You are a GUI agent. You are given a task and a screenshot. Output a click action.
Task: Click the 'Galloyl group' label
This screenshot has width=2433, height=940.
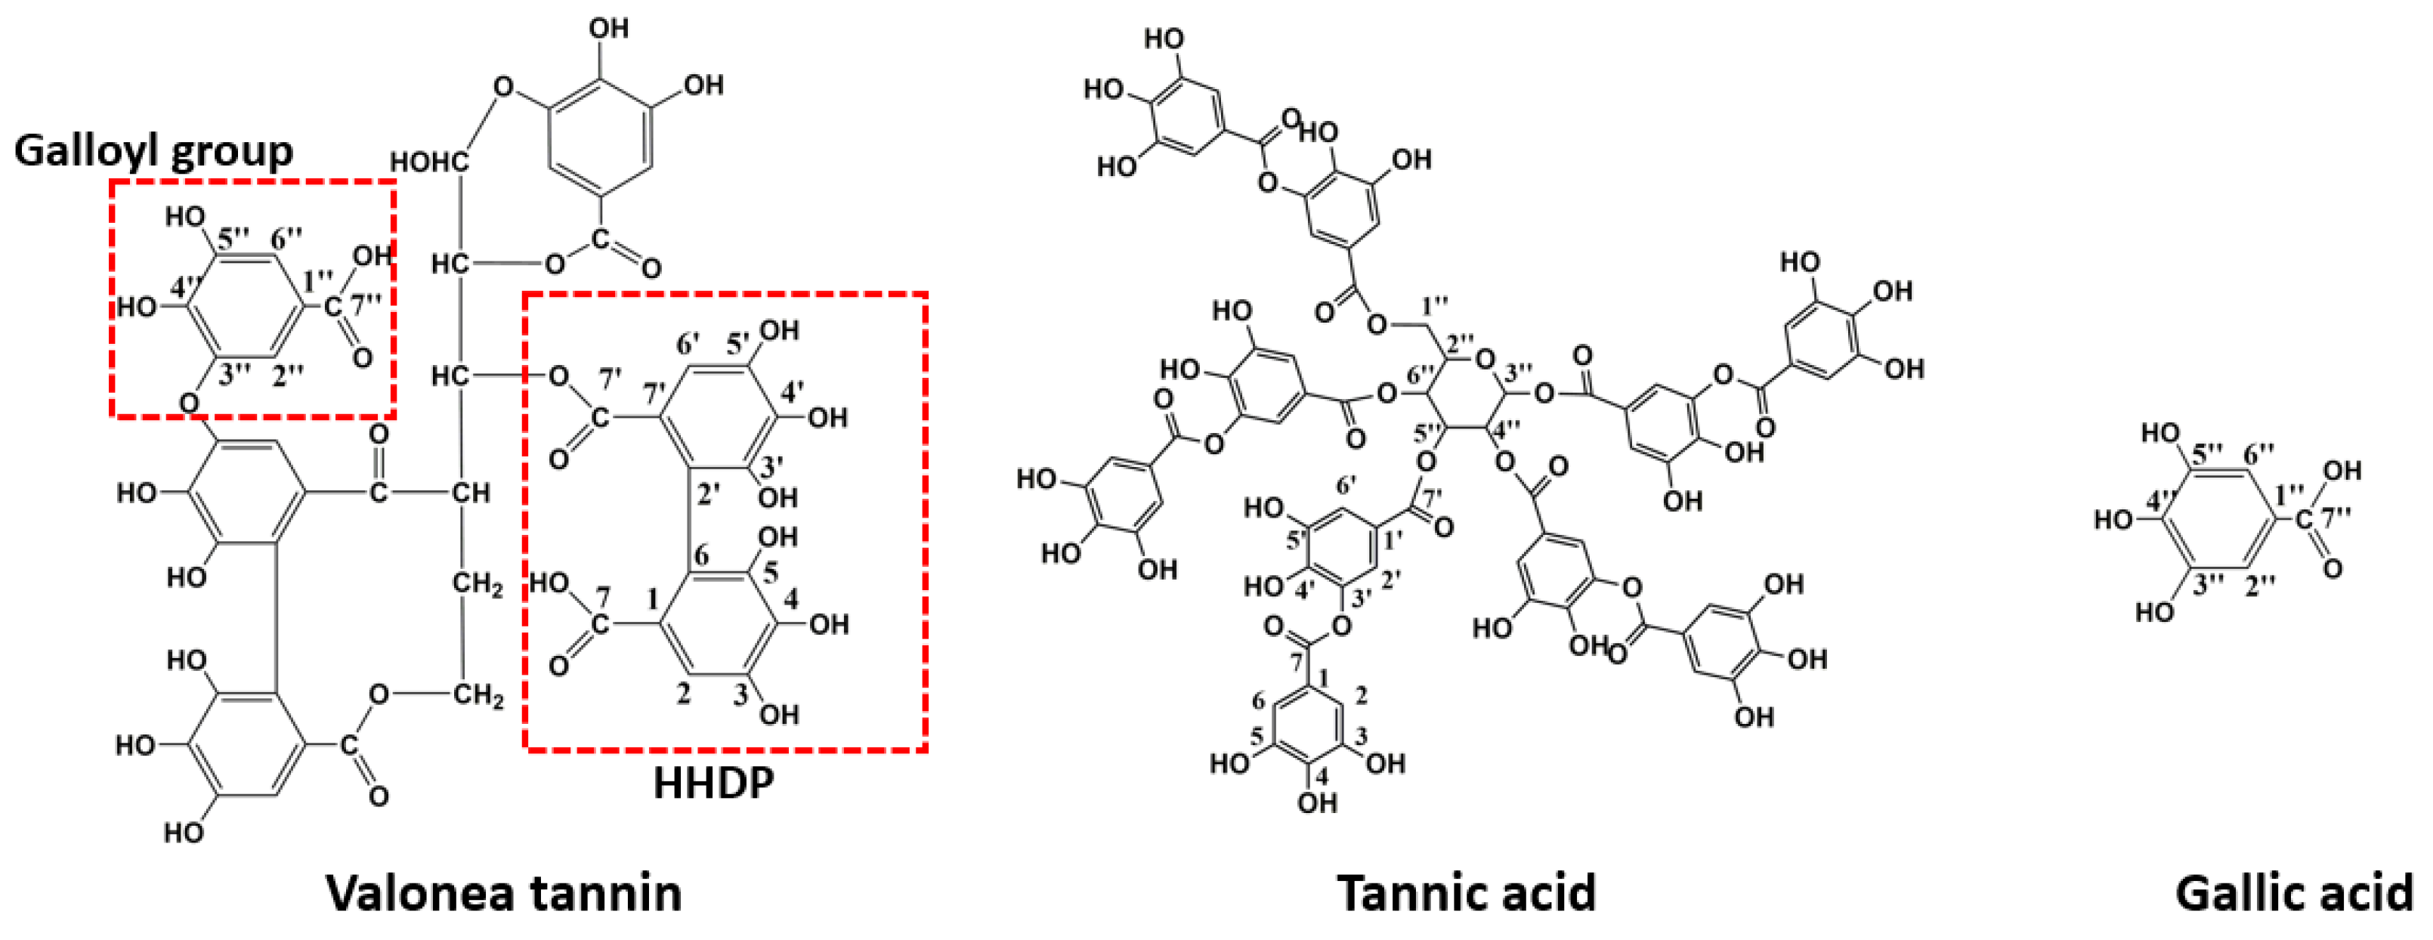coord(153,150)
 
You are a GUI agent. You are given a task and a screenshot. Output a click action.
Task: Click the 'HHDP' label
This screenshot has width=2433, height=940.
coord(713,783)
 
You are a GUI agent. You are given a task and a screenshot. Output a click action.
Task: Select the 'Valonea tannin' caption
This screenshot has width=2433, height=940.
coord(505,892)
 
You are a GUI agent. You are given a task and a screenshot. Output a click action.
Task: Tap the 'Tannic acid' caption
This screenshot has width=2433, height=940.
coord(1466,892)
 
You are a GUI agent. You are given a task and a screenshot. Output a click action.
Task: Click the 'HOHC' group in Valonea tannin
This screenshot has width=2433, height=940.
coord(431,162)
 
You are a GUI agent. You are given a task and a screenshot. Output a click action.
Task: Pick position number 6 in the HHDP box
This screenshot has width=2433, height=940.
coord(701,555)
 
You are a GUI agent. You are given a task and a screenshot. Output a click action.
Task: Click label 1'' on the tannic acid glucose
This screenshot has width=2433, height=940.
coord(1435,305)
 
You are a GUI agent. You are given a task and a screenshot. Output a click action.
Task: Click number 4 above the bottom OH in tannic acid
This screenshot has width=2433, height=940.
coord(1321,775)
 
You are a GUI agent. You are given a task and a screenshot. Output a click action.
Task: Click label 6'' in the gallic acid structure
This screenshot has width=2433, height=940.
coord(2259,453)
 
